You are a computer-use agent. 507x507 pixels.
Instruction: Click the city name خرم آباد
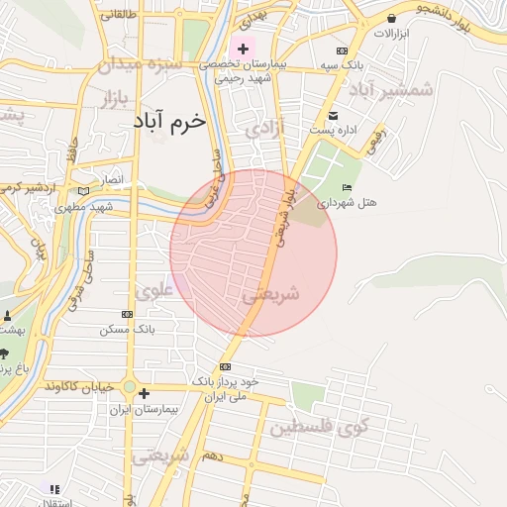pos(169,121)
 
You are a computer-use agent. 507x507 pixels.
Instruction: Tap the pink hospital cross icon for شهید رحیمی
pos(243,49)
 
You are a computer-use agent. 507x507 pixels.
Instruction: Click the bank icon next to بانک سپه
pos(343,51)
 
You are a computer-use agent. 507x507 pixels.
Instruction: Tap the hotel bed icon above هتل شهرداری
pos(346,188)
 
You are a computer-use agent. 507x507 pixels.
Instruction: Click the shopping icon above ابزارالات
pos(392,18)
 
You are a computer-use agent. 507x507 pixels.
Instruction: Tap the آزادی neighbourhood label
pos(265,130)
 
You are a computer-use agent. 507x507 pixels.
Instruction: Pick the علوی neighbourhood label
pos(154,290)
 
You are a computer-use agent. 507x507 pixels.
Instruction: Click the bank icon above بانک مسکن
pos(125,314)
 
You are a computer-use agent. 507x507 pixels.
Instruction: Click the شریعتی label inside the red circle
pos(270,294)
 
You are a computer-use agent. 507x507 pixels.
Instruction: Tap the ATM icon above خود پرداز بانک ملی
pos(225,366)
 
